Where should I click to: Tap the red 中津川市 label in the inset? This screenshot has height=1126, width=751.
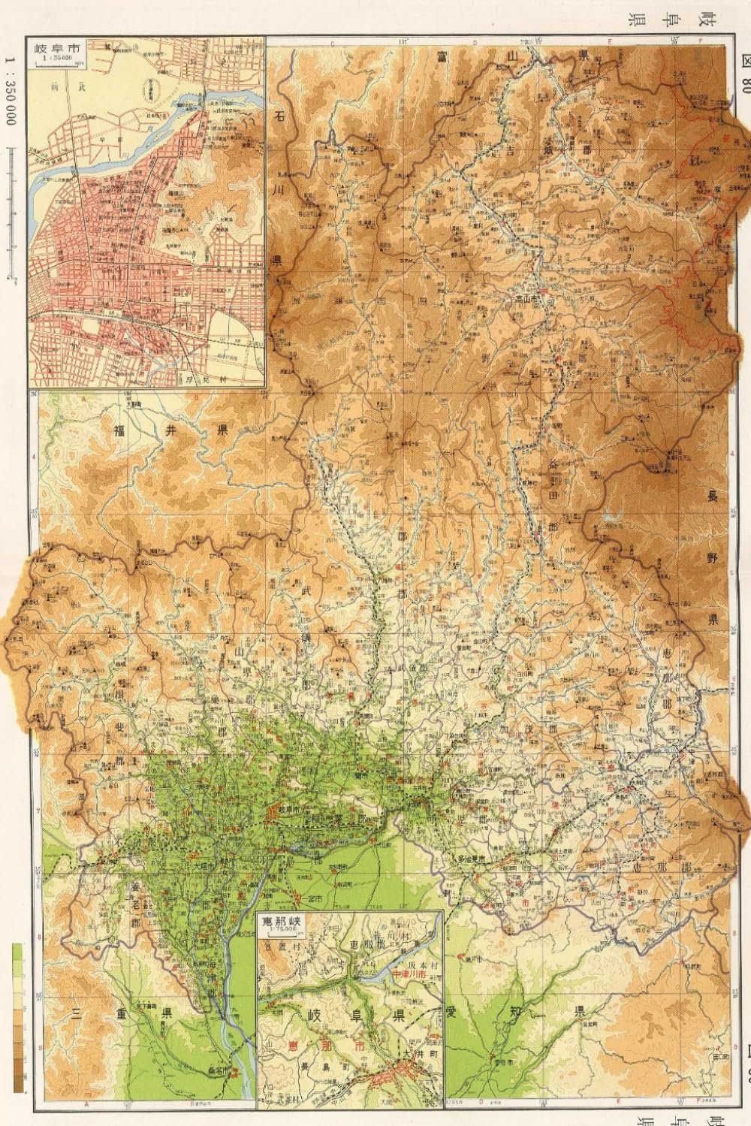click(411, 974)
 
